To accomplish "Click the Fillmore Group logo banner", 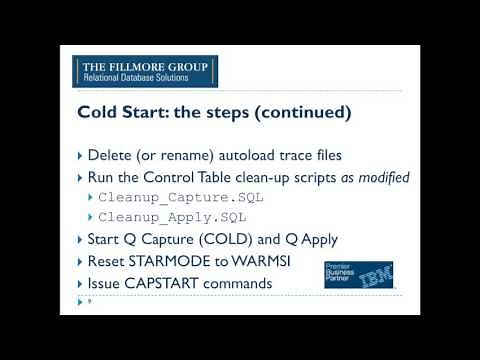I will coord(146,72).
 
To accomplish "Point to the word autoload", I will coord(259,156).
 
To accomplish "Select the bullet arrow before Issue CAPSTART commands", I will coord(80,283).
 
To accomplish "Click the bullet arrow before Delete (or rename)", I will coord(80,156).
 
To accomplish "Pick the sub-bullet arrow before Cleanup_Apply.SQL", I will coord(91,217).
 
